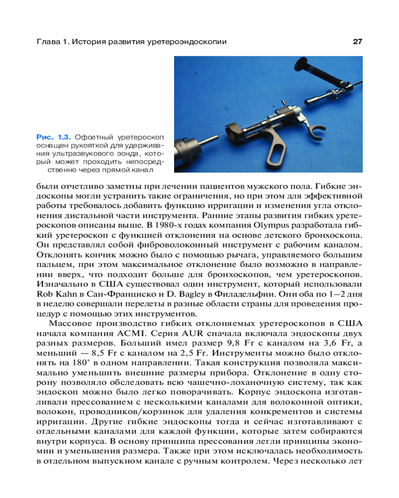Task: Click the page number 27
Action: click(357, 42)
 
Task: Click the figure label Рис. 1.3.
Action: click(53, 135)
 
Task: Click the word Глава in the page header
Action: click(49, 42)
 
